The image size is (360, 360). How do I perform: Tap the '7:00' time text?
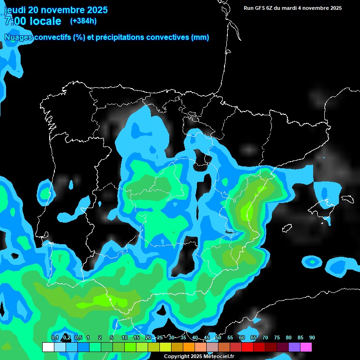(15, 21)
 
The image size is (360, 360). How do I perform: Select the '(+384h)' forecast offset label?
(84, 21)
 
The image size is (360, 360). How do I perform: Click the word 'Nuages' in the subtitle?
(18, 37)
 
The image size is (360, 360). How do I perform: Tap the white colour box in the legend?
(48, 347)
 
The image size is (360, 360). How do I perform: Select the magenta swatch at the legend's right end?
(306, 347)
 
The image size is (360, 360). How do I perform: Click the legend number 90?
(312, 337)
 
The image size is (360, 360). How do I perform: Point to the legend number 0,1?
(54, 337)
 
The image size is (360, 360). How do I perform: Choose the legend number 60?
(241, 337)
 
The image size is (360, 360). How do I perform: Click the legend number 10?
(124, 337)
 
